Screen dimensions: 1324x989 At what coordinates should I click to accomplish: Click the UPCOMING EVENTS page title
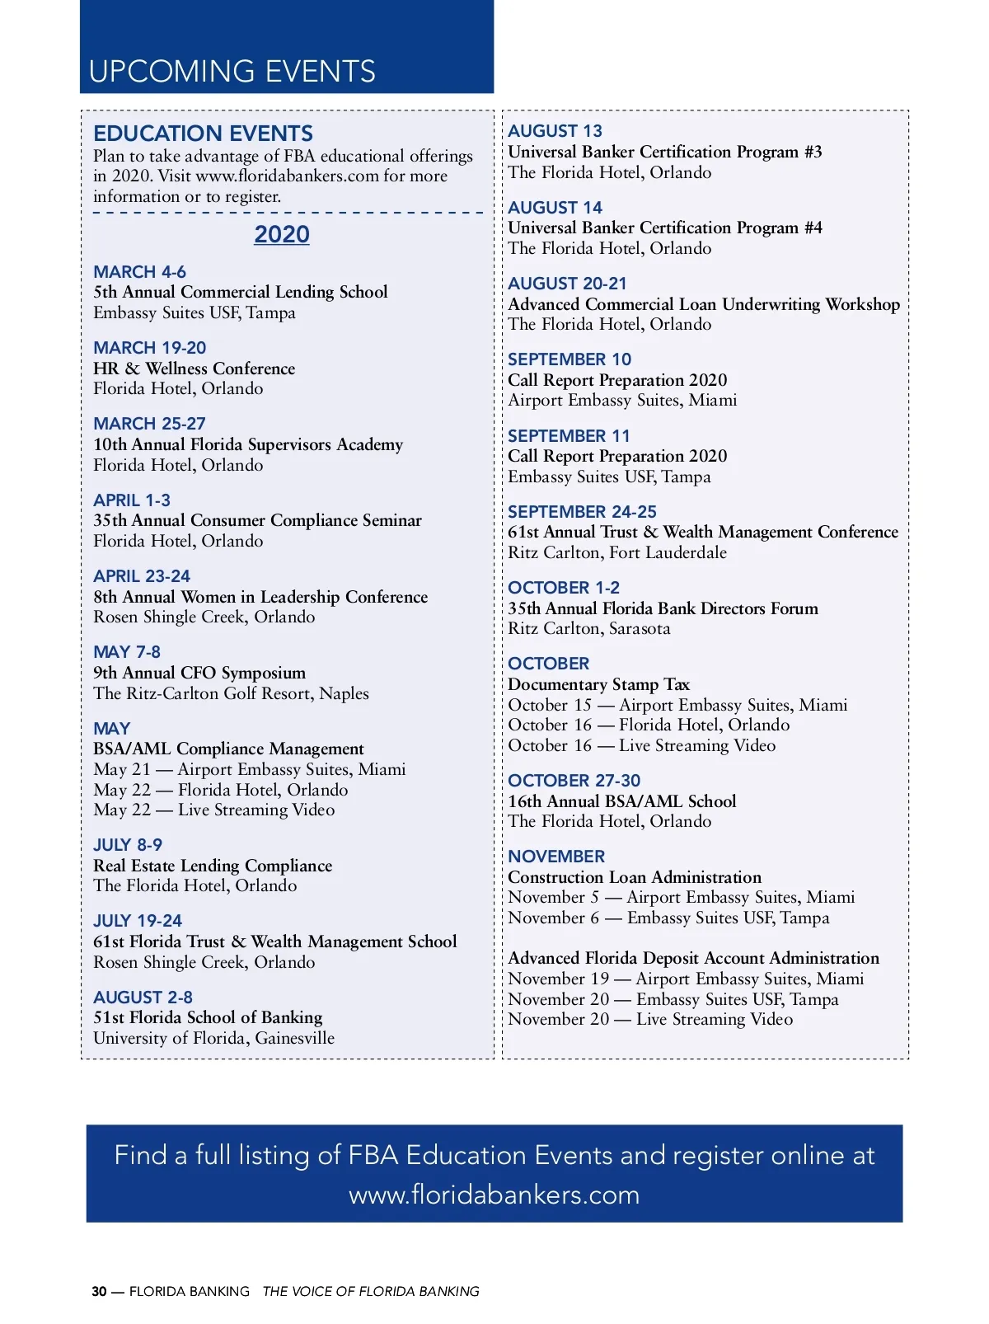232,72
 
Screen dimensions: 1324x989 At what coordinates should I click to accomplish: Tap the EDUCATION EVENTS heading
203,134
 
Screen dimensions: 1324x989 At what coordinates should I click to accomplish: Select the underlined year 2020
282,235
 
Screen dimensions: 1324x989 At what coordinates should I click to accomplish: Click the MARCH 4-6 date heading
139,272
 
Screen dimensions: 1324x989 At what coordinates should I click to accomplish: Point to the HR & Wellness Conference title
194,369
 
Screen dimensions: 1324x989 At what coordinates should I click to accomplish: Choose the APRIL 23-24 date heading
142,576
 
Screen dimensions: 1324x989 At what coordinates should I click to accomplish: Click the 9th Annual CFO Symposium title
199,673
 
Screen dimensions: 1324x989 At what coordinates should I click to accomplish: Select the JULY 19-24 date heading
138,921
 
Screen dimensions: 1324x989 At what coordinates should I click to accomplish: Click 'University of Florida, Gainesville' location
214,1038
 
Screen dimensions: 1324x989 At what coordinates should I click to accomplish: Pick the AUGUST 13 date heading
555,131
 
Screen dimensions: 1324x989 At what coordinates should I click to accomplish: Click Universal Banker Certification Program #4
665,228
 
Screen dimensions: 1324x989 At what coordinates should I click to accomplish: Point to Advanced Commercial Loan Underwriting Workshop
704,304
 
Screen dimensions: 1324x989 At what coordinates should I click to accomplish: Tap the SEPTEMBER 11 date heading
569,436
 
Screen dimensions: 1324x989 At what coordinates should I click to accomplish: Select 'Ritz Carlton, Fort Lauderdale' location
617,552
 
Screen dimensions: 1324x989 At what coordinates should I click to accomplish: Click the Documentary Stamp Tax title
598,684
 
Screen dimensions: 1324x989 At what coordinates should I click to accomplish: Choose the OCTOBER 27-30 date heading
574,781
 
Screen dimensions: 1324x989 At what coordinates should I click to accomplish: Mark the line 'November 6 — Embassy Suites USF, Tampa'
668,918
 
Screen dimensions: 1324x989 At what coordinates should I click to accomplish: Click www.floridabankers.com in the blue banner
494,1195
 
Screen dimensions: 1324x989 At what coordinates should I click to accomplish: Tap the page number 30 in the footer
99,1292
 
